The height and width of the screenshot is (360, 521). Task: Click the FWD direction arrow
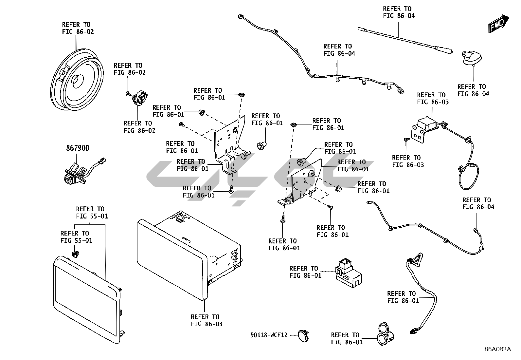pyautogui.click(x=499, y=23)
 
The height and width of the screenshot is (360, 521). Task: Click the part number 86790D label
pyautogui.click(x=78, y=148)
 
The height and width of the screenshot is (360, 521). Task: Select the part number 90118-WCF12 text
pyautogui.click(x=269, y=335)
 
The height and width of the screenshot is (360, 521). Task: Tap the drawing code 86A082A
pyautogui.click(x=497, y=349)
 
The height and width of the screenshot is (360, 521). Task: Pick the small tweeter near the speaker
pyautogui.click(x=140, y=98)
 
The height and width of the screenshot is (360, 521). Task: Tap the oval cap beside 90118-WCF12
pyautogui.click(x=303, y=336)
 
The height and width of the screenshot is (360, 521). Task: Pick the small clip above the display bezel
pyautogui.click(x=76, y=253)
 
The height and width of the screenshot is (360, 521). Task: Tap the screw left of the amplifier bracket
pyautogui.click(x=406, y=140)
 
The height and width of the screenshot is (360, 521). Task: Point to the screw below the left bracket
pyautogui.click(x=231, y=189)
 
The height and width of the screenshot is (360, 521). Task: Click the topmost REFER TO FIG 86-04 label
pyautogui.click(x=399, y=12)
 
